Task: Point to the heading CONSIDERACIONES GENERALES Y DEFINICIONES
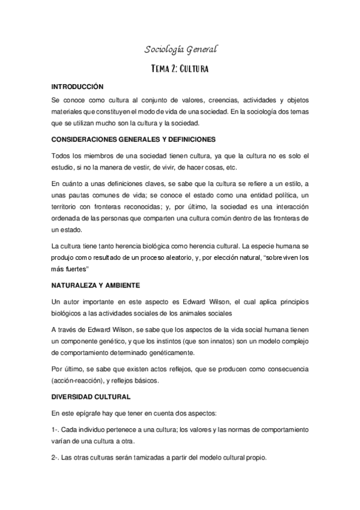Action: (133, 139)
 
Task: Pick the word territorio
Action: (64, 206)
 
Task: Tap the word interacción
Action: (288, 206)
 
